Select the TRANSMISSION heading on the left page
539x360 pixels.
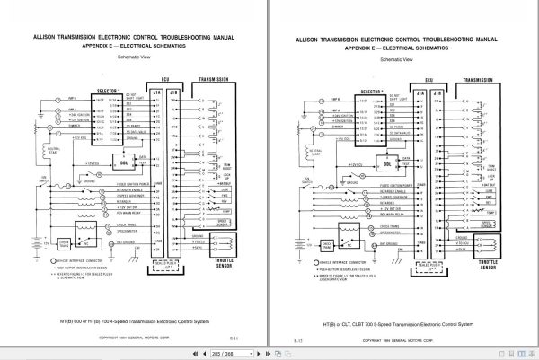click(x=208, y=80)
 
